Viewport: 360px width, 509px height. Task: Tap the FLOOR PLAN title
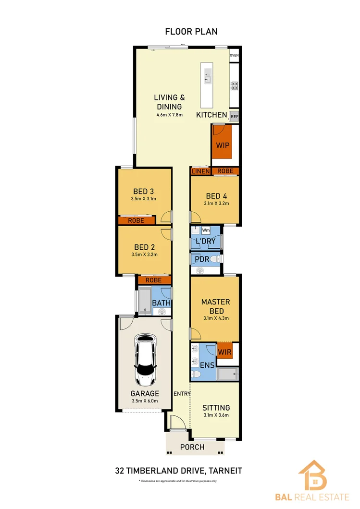(x=191, y=32)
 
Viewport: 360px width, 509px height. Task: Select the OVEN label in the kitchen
(x=234, y=56)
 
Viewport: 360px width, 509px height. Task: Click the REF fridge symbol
(x=234, y=116)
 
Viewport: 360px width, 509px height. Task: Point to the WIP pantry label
(x=222, y=145)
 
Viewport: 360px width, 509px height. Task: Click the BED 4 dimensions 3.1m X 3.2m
(x=216, y=203)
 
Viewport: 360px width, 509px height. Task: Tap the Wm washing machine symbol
(x=206, y=230)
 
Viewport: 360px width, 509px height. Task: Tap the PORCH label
(x=192, y=447)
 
